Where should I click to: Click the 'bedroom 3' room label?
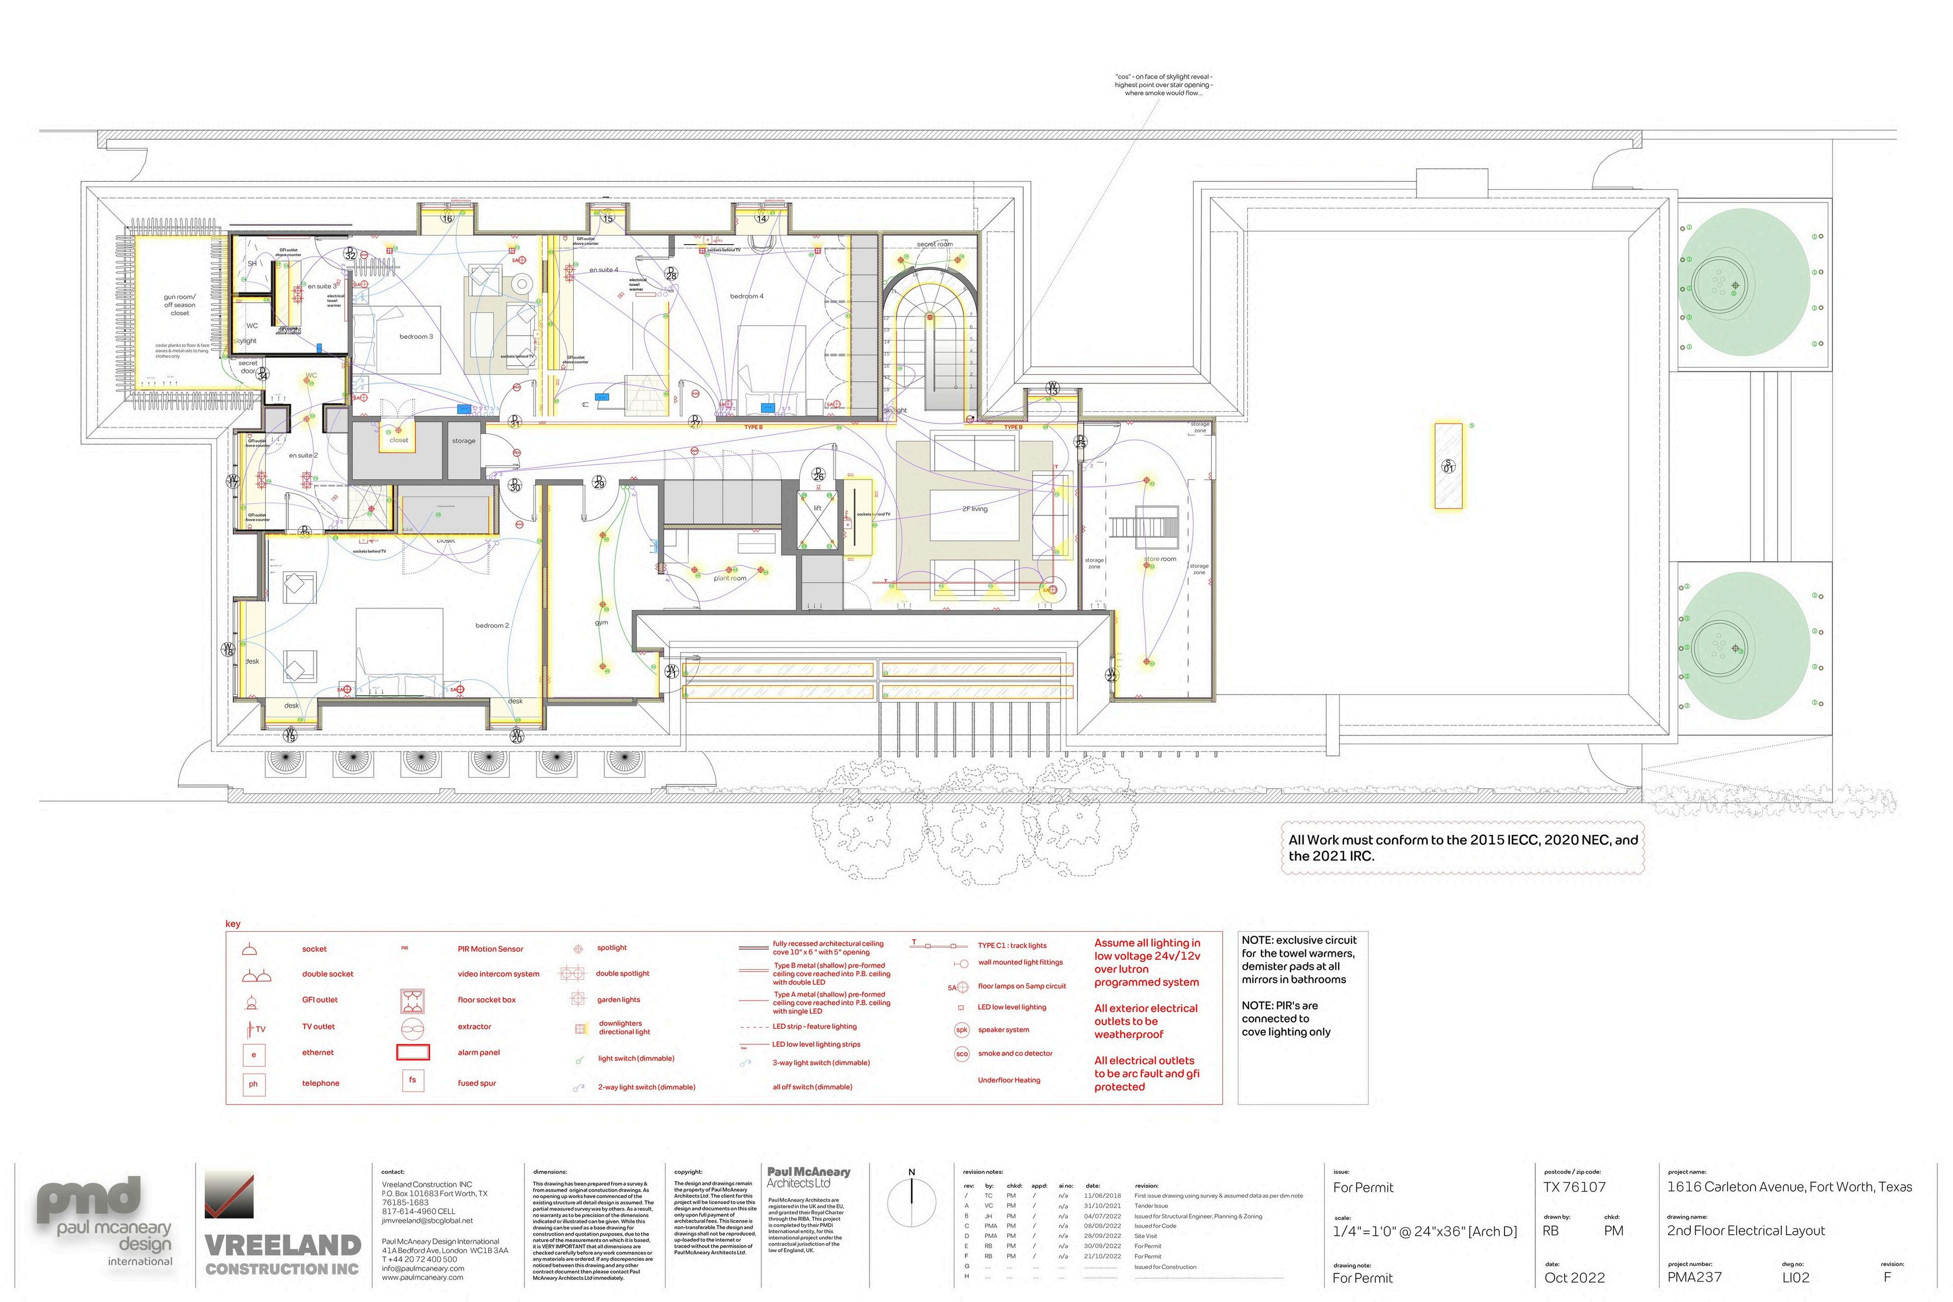[x=416, y=336]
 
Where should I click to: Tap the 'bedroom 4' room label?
[x=746, y=296]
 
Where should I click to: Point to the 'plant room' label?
[x=730, y=578]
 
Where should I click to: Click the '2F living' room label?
[x=975, y=509]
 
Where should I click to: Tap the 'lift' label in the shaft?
[x=817, y=508]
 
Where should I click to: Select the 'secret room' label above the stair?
[x=934, y=244]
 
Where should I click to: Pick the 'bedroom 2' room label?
[x=492, y=625]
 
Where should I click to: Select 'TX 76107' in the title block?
[x=1574, y=1187]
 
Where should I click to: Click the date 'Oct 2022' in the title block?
[x=1574, y=1278]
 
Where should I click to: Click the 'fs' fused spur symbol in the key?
[x=413, y=1080]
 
